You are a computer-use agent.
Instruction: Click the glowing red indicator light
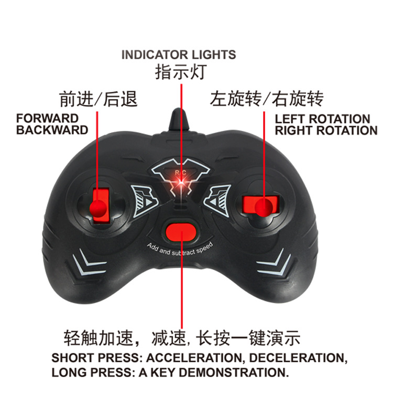point(180,181)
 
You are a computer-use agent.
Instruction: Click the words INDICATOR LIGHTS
point(179,55)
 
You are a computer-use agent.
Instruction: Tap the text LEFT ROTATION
point(323,119)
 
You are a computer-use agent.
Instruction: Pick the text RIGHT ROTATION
point(326,131)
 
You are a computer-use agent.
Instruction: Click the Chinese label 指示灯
point(180,72)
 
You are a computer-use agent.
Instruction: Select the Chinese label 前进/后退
point(99,99)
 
